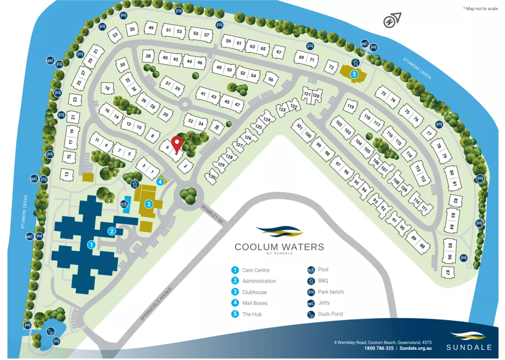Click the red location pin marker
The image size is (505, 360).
(177, 143)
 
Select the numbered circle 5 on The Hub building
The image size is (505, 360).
(354, 74)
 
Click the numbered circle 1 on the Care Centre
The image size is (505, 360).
(91, 245)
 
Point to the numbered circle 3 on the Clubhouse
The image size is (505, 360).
(149, 204)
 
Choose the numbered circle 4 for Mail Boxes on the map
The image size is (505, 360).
(160, 182)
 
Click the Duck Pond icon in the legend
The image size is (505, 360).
(311, 314)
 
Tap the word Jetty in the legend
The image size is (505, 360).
(324, 303)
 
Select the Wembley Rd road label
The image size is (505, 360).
(212, 214)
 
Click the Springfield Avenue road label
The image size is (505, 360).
(156, 304)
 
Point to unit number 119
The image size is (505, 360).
(350, 106)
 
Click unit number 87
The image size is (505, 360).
(448, 272)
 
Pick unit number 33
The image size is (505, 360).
(115, 35)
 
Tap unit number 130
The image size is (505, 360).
(212, 176)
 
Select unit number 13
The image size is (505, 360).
(67, 174)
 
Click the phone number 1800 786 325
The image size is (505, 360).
(379, 348)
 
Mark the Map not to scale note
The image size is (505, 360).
(481, 9)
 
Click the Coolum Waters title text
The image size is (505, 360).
(279, 247)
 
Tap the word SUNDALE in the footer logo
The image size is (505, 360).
(469, 347)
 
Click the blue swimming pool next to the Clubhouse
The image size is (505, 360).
(126, 207)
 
